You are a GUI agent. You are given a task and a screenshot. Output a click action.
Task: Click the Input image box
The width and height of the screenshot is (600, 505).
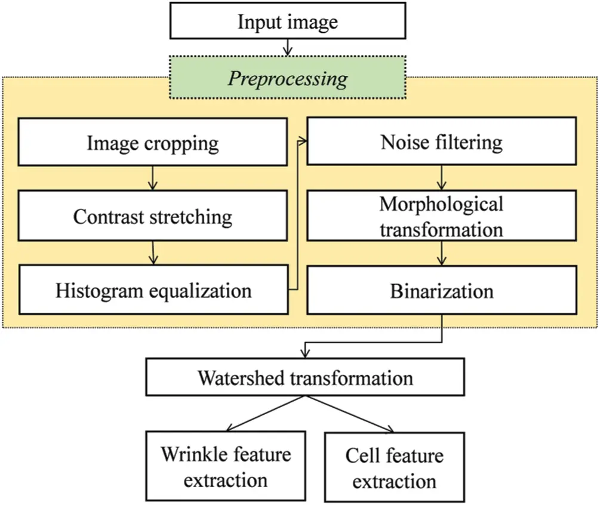click(x=288, y=21)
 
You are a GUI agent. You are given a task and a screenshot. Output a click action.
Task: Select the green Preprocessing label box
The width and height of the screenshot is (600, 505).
click(x=288, y=78)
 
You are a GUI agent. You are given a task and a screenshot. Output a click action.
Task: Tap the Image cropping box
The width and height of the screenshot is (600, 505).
click(x=153, y=142)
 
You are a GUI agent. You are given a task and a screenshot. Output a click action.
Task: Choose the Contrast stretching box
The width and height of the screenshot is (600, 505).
click(x=153, y=215)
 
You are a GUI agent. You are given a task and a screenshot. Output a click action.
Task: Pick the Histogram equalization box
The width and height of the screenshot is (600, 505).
click(x=153, y=290)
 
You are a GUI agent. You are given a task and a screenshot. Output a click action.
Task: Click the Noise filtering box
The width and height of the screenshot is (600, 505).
click(x=442, y=141)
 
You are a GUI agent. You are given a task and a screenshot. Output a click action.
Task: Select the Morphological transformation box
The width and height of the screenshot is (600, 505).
click(x=442, y=215)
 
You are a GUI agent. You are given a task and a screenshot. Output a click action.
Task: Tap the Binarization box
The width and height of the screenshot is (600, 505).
click(x=442, y=290)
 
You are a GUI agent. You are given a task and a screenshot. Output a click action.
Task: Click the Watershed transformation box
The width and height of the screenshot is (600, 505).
click(x=305, y=377)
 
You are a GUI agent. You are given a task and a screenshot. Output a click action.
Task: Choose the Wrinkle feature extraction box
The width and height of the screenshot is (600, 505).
click(x=226, y=466)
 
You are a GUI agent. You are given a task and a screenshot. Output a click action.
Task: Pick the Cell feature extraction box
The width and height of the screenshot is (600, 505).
click(x=395, y=467)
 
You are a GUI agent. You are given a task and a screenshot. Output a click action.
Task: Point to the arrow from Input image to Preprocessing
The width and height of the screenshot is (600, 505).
click(x=288, y=47)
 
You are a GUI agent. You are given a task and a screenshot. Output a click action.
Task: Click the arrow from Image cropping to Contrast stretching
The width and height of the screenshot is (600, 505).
click(x=153, y=178)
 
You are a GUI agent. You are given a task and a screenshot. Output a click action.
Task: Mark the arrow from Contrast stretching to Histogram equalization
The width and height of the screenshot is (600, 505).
click(x=153, y=253)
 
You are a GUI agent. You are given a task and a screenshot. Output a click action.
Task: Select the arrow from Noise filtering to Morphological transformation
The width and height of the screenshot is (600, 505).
click(x=442, y=177)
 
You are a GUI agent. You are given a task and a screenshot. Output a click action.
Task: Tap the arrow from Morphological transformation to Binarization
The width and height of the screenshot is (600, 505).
click(x=442, y=253)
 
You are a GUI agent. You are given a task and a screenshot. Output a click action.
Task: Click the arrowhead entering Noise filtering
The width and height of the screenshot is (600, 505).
click(x=303, y=141)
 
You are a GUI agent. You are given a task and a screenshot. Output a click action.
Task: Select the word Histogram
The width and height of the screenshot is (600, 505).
click(x=99, y=291)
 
